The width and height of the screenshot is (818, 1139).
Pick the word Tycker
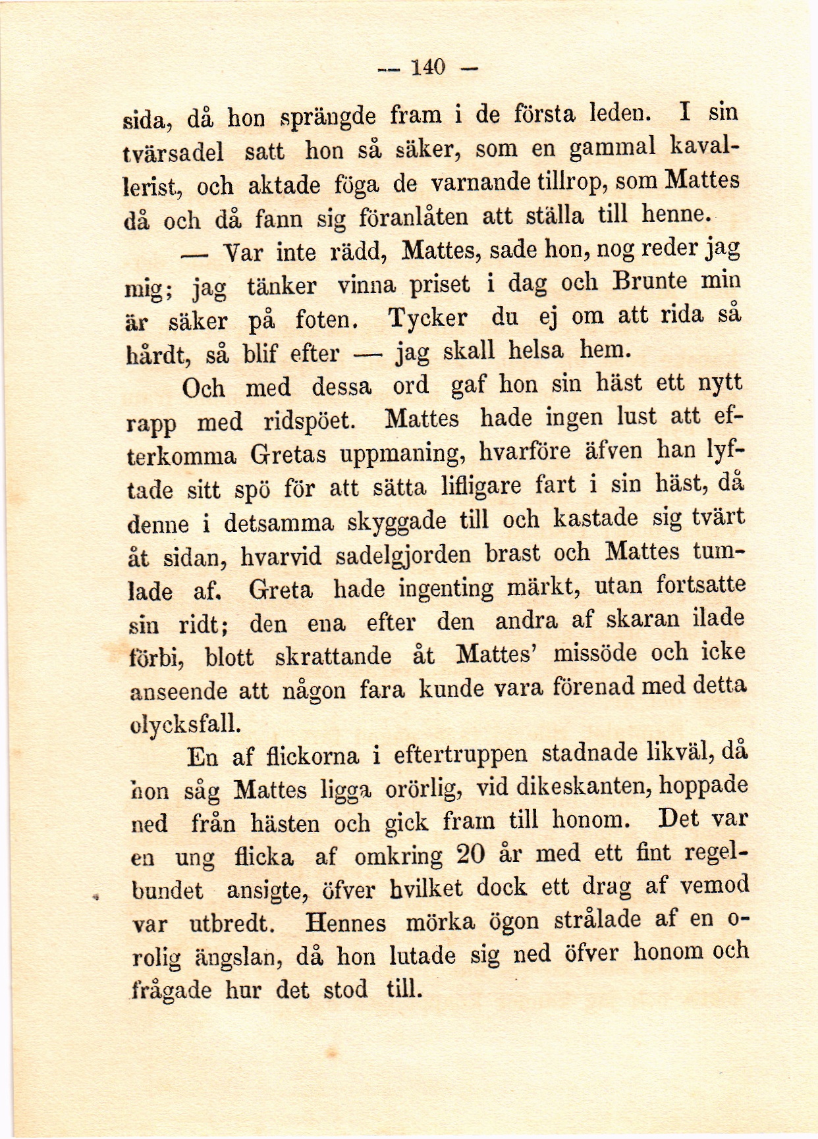pos(427,319)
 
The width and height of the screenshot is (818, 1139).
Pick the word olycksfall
pos(184,723)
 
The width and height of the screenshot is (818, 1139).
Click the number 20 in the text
pos(470,854)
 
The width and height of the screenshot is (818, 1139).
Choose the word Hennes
pos(346,922)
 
